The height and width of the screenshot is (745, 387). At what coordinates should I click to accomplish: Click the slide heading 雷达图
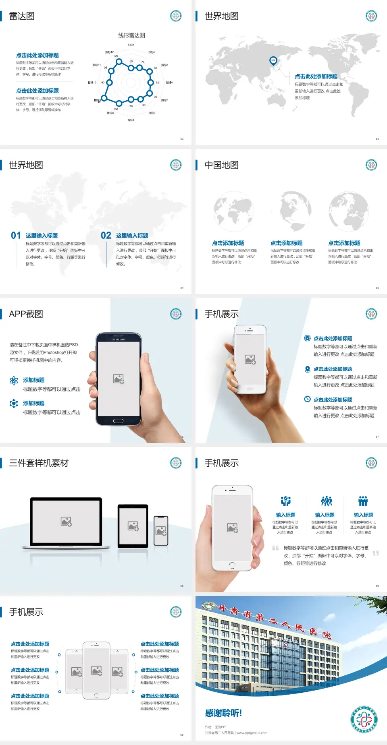pyautogui.click(x=22, y=16)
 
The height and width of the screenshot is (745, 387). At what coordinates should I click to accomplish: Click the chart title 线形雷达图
pyautogui.click(x=131, y=35)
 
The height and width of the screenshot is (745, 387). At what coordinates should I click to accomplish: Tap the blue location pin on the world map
pyautogui.click(x=273, y=60)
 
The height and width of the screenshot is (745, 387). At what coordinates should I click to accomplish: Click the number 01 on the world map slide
pyautogui.click(x=16, y=235)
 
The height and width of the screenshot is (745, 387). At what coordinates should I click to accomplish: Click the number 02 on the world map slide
pyautogui.click(x=106, y=235)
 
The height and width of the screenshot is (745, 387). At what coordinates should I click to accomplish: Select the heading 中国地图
pyautogui.click(x=221, y=165)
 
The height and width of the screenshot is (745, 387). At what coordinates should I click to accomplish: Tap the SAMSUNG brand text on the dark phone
pyautogui.click(x=119, y=339)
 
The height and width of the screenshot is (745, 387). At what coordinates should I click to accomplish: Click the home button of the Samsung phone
pyautogui.click(x=118, y=421)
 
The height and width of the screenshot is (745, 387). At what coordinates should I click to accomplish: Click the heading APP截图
pyautogui.click(x=26, y=314)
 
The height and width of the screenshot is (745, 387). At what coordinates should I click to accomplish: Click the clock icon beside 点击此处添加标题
pyautogui.click(x=307, y=399)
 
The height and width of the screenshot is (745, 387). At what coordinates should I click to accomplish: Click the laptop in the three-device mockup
pyautogui.click(x=66, y=523)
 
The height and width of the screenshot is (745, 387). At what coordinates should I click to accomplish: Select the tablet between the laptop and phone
pyautogui.click(x=133, y=526)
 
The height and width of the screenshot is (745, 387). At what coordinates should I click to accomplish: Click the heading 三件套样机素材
pyautogui.click(x=39, y=463)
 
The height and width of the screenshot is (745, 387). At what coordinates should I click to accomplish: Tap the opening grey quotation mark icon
pyautogui.click(x=275, y=548)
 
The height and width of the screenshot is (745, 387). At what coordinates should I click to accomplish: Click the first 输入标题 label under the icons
pyautogui.click(x=285, y=515)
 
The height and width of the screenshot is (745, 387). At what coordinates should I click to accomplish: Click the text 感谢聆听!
pyautogui.click(x=223, y=713)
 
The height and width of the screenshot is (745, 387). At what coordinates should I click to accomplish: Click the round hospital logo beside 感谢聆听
pyautogui.click(x=364, y=719)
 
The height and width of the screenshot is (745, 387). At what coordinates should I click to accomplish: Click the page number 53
pyautogui.click(x=377, y=139)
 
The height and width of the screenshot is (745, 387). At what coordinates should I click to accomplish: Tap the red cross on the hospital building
pyautogui.click(x=286, y=644)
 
